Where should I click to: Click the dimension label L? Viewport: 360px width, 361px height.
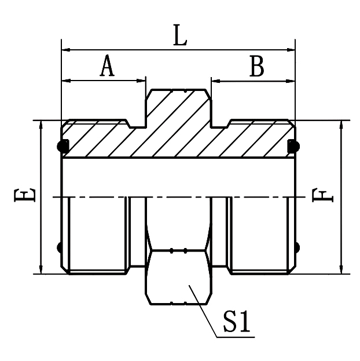click(181, 37)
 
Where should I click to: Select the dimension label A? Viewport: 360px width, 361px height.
click(107, 67)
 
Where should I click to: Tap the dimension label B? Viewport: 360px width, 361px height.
click(256, 67)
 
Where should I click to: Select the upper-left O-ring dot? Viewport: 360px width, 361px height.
click(60, 145)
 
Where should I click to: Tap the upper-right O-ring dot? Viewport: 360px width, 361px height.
click(294, 145)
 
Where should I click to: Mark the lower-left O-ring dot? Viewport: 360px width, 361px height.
click(60, 249)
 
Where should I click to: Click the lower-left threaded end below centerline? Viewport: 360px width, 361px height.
click(96, 235)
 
